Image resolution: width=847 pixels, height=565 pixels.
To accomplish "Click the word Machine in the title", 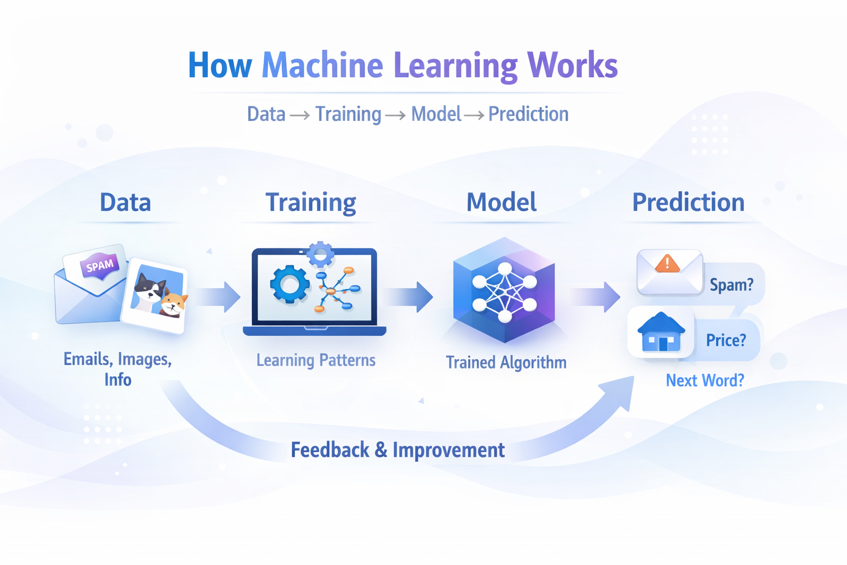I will (322, 65).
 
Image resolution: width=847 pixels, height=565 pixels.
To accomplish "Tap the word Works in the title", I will (572, 65).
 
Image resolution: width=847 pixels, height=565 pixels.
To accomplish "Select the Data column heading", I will (125, 202).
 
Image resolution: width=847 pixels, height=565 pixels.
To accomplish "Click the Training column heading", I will (310, 203).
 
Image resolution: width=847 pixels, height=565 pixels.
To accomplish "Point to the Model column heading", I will (501, 202).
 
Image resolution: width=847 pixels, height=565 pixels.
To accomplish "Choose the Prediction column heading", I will (688, 202).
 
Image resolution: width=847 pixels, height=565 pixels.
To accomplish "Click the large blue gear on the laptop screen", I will (290, 284).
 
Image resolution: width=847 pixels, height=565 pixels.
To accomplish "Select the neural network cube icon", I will (504, 290).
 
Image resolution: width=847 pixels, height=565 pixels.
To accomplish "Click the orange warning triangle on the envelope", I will (667, 264).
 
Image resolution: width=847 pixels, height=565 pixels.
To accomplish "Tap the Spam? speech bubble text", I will (731, 285).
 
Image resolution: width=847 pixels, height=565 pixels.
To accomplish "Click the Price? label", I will (726, 340).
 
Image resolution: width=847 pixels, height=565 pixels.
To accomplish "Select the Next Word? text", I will (705, 380).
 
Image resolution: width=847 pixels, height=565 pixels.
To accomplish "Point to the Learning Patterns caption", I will (315, 360).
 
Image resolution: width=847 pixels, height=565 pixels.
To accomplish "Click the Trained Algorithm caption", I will (506, 363).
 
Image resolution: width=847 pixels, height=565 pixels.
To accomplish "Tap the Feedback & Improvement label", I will (398, 450).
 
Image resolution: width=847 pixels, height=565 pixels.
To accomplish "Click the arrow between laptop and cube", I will (409, 297).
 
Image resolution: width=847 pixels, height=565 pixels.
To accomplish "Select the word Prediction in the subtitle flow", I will (528, 114).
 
